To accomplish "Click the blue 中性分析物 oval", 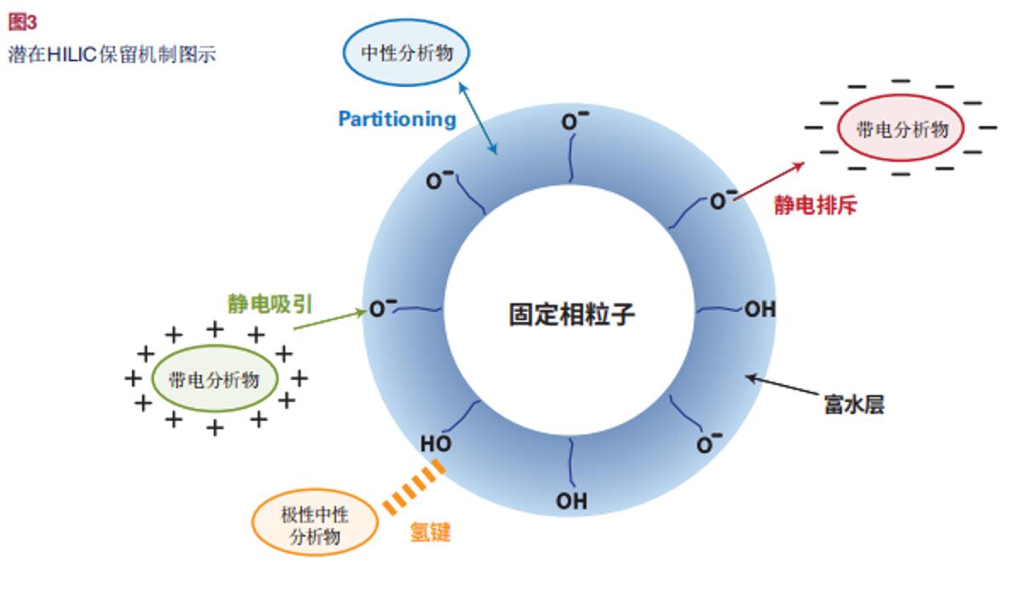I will pyautogui.click(x=406, y=53).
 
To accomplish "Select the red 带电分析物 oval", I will pyautogui.click(x=901, y=129).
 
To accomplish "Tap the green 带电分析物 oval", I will pyautogui.click(x=215, y=380).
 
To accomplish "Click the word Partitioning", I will pyautogui.click(x=397, y=119).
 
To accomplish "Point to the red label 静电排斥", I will pyautogui.click(x=815, y=205).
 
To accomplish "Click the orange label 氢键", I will pyautogui.click(x=430, y=533).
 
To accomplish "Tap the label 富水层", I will pyautogui.click(x=854, y=404).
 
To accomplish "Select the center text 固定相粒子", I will pyautogui.click(x=571, y=314).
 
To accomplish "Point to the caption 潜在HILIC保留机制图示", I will pyautogui.click(x=112, y=55).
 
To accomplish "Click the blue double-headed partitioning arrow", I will pyautogui.click(x=478, y=119).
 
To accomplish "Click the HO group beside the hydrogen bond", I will pyautogui.click(x=436, y=444).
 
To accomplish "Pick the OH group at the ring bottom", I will pyautogui.click(x=571, y=501).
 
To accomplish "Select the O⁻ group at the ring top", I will pyautogui.click(x=570, y=122).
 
